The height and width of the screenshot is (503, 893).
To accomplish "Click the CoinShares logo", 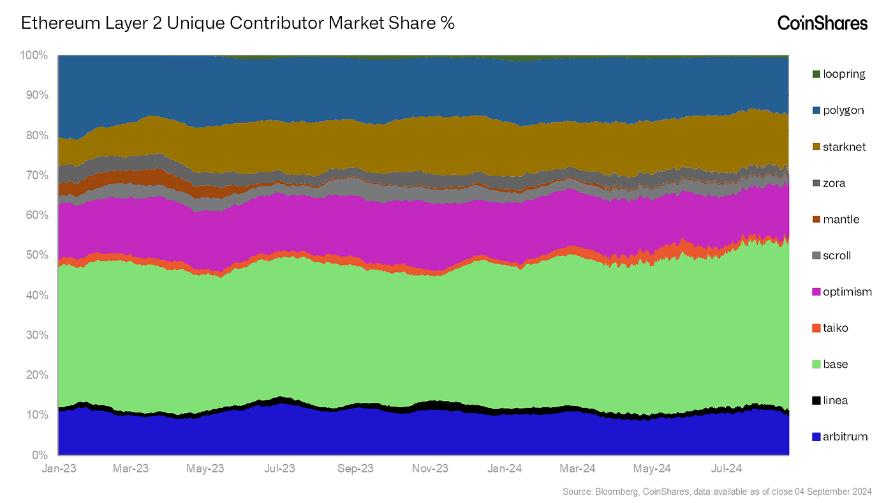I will [822, 24].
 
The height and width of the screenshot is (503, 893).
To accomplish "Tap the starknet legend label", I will [845, 147].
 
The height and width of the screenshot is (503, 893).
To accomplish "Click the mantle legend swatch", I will [816, 220].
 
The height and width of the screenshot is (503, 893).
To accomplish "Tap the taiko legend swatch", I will [816, 328].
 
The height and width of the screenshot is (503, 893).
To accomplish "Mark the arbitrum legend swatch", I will [816, 437].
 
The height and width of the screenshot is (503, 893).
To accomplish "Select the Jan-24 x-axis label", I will [505, 469].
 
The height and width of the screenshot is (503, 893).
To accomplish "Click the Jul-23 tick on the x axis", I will [279, 469].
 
